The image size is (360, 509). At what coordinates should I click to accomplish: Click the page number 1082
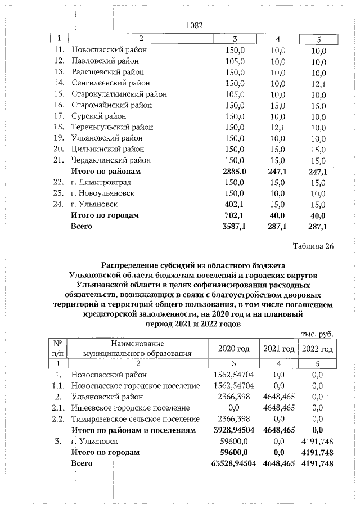coord(193,25)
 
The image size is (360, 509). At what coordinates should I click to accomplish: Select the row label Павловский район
coord(101,61)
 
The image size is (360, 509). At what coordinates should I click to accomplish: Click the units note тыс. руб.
coord(318,334)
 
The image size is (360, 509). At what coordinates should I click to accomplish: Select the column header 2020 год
coord(233,349)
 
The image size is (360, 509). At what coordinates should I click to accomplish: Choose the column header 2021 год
coord(278,349)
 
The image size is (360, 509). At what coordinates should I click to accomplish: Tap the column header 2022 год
coord(317,349)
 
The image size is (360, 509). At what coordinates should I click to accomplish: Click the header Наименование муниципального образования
coord(137,349)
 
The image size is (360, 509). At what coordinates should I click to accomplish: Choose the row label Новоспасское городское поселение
coord(136,385)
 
